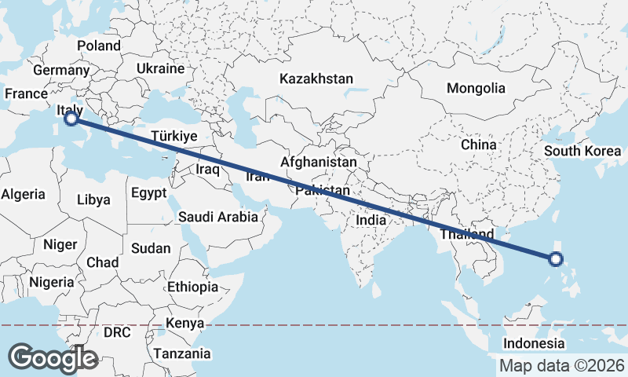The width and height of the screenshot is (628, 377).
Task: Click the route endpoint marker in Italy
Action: tap(71, 119)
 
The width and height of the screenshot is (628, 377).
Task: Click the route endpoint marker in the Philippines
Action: tap(556, 258)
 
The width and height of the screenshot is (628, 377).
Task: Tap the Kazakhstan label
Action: tap(316, 79)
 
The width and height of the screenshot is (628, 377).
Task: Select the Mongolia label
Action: tap(476, 88)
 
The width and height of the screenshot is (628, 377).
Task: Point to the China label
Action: tap(479, 145)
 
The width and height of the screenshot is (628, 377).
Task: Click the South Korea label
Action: tap(582, 152)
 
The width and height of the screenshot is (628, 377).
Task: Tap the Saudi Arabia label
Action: tap(218, 217)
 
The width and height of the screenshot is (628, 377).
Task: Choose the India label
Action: tap(371, 221)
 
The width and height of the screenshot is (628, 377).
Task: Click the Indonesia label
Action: tap(534, 343)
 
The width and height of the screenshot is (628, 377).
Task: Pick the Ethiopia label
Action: tap(192, 287)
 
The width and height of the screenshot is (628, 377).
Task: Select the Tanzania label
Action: tap(182, 353)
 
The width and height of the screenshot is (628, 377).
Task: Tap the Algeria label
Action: tap(24, 194)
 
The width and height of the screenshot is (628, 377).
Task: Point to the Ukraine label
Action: tap(160, 69)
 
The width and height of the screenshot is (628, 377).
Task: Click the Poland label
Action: tap(99, 46)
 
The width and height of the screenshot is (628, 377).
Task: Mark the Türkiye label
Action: tap(173, 136)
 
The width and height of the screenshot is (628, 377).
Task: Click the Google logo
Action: tap(53, 358)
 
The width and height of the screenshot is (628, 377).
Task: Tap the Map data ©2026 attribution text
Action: tap(562, 365)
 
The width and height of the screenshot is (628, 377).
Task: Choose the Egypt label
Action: tap(149, 192)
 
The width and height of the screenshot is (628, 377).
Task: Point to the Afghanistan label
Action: tap(319, 162)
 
